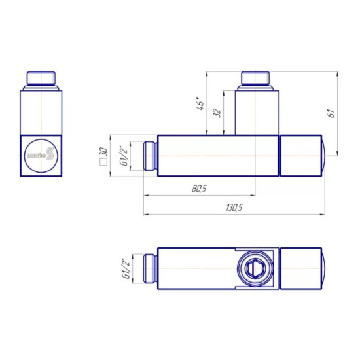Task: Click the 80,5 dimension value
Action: pyautogui.click(x=199, y=189)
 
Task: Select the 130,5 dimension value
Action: pyautogui.click(x=234, y=208)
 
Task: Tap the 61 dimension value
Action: pyautogui.click(x=332, y=113)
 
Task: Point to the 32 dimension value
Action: pyautogui.click(x=217, y=113)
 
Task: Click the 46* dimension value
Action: pyautogui.click(x=200, y=103)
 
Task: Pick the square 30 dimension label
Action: pyautogui.click(x=103, y=156)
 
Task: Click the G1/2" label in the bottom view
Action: pyautogui.click(x=126, y=268)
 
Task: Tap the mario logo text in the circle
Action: pyautogui.click(x=36, y=156)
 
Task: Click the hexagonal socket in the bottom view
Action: pyautogui.click(x=255, y=268)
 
